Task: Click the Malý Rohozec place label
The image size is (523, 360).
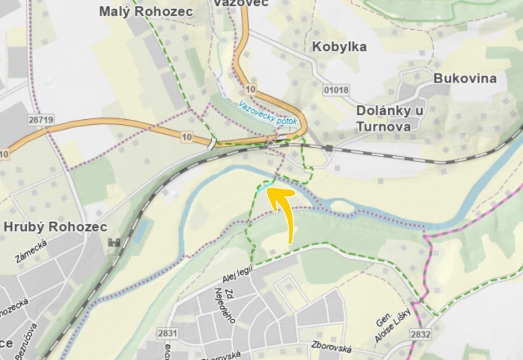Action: pyautogui.click(x=146, y=11)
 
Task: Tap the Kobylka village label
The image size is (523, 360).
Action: pyautogui.click(x=339, y=46)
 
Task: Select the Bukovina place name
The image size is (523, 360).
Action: pyautogui.click(x=465, y=78)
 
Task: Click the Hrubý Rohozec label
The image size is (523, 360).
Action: pyautogui.click(x=55, y=226)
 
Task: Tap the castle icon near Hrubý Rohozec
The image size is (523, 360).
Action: pyautogui.click(x=114, y=242)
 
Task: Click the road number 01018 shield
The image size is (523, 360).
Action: pyautogui.click(x=336, y=90)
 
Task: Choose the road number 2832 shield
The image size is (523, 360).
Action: pyautogui.click(x=420, y=334)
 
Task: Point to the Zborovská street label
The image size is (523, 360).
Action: pyautogui.click(x=330, y=347)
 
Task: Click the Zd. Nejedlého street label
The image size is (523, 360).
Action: pyautogui.click(x=225, y=304)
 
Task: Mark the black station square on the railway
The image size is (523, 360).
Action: pyautogui.click(x=330, y=148)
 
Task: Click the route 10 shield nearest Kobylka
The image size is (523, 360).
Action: pyautogui.click(x=250, y=89)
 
